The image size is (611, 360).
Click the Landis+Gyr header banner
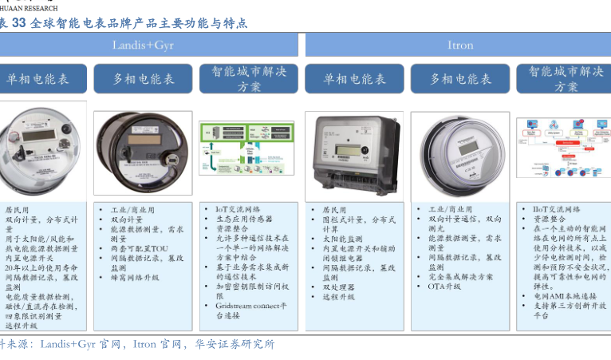click(x=144, y=45)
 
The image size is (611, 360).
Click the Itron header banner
click(x=460, y=45)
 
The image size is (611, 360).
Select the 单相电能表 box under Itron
click(x=354, y=79)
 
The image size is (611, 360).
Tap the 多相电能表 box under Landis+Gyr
click(x=143, y=79)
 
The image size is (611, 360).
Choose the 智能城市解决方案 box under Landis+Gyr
click(x=248, y=79)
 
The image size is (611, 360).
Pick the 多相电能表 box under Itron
click(x=460, y=79)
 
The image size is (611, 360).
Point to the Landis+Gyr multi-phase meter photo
click(x=143, y=153)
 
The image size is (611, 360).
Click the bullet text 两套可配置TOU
click(x=139, y=249)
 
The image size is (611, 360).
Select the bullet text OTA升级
click(x=444, y=287)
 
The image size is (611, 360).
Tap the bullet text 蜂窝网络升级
click(x=135, y=278)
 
